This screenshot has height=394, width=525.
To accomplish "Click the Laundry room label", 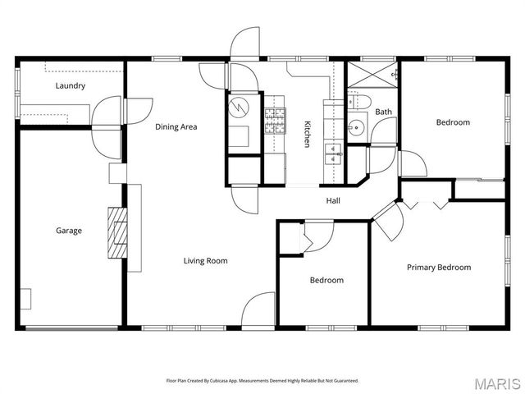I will pyautogui.click(x=70, y=85).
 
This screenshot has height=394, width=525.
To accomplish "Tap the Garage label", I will pyautogui.click(x=68, y=231).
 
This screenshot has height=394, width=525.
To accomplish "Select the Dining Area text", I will pyautogui.click(x=176, y=126).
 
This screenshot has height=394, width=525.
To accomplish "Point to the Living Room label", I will pyautogui.click(x=204, y=261).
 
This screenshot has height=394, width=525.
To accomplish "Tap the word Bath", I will pyautogui.click(x=383, y=112).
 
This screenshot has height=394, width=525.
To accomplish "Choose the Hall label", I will pyautogui.click(x=333, y=200).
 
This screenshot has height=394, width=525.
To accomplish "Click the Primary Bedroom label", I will pyautogui.click(x=439, y=267).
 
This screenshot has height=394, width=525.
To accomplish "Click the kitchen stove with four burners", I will pyautogui.click(x=274, y=121).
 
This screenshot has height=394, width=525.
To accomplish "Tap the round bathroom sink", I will pyautogui.click(x=355, y=127).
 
